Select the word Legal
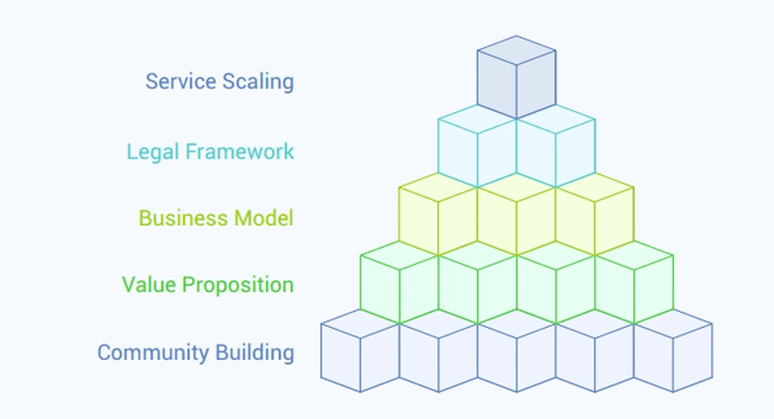(150, 151)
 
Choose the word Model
(264, 218)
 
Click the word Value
(148, 284)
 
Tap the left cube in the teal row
(477, 149)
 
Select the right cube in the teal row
(556, 149)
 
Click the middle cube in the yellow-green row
(516, 216)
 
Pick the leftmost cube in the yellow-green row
(438, 216)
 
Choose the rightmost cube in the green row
(634, 284)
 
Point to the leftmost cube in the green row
(399, 284)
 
